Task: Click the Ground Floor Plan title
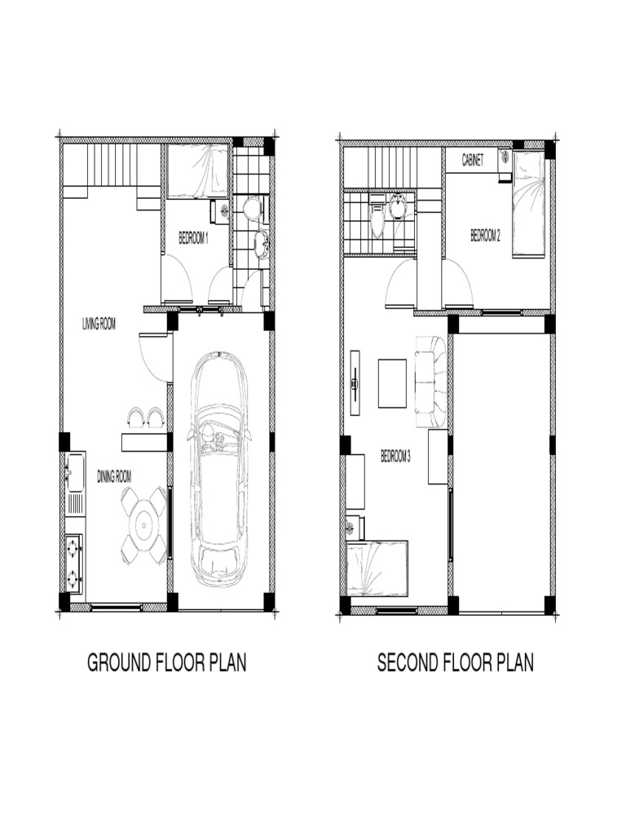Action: tap(166, 663)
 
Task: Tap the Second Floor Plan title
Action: tap(456, 663)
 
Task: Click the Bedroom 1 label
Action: tap(193, 239)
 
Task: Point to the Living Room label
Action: tap(99, 324)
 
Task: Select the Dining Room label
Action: tap(114, 476)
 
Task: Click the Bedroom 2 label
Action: tap(485, 236)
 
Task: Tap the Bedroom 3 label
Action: tap(395, 457)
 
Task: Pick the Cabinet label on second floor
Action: tap(473, 161)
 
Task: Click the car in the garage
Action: tap(219, 469)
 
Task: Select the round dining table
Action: tap(143, 526)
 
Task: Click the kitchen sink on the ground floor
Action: tap(76, 472)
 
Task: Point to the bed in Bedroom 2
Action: tap(528, 205)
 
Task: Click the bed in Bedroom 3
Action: tap(377, 568)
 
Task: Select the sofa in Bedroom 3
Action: tap(431, 382)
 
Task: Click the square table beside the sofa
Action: tap(392, 383)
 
